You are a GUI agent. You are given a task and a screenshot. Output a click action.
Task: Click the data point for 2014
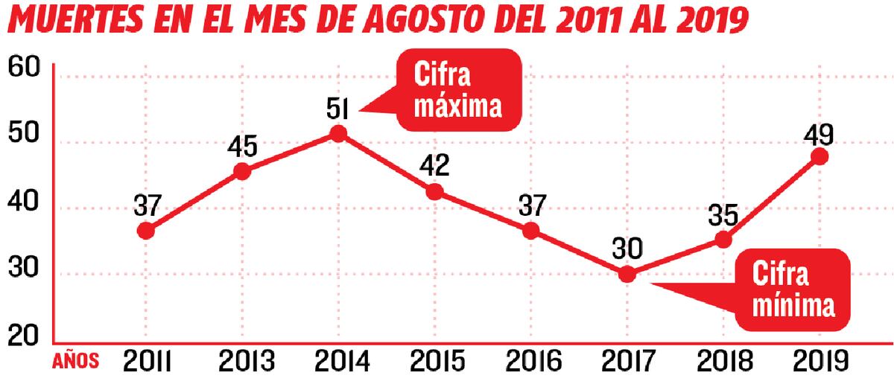[338, 134]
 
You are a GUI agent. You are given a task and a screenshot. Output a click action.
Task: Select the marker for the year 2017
[627, 275]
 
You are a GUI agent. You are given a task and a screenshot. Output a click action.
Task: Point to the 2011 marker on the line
[146, 231]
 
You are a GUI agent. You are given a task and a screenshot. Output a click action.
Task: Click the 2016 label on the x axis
[530, 361]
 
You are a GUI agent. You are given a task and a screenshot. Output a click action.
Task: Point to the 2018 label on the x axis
[723, 361]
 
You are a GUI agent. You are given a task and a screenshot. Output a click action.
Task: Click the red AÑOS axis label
[75, 362]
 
